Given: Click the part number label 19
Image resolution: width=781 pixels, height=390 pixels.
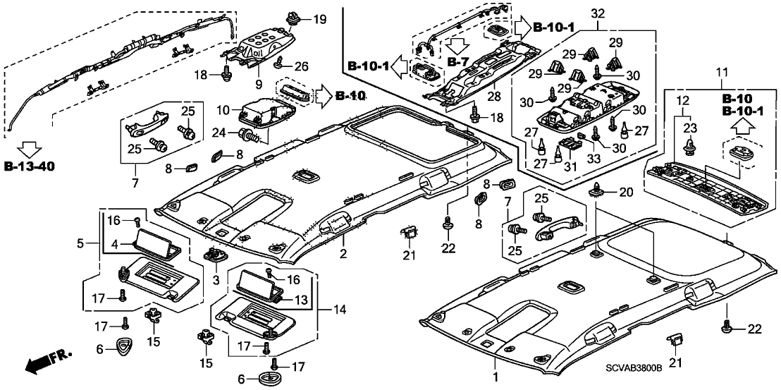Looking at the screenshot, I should [x=320, y=19].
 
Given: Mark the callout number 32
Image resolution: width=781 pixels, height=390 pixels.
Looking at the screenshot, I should [x=598, y=13].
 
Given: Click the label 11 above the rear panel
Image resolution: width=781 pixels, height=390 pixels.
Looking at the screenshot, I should [x=720, y=73].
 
